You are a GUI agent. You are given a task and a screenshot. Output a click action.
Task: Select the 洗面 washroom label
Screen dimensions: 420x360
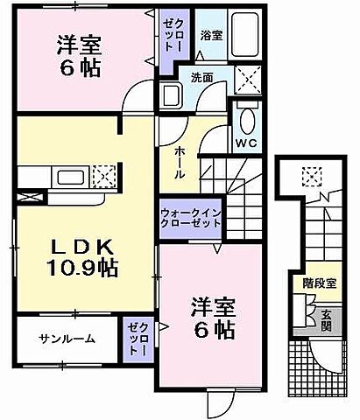point(203,77)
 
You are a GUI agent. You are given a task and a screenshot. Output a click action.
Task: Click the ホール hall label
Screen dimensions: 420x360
point(179,162)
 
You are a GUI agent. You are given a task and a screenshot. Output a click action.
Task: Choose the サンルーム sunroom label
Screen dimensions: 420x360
point(67,338)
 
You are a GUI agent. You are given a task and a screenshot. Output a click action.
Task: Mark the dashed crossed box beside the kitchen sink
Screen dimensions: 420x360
point(104,178)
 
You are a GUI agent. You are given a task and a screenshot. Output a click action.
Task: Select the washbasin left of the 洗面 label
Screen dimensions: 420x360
point(170,95)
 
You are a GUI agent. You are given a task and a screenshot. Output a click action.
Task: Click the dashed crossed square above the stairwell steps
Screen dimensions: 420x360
point(311,177)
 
